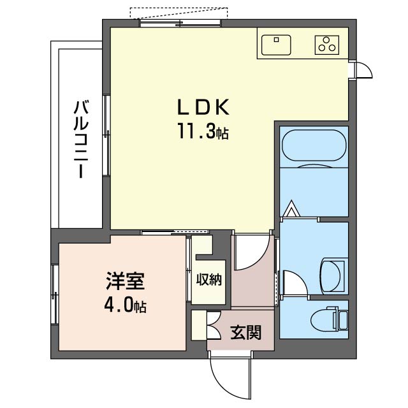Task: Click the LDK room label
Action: [203, 107]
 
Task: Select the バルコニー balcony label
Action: [81, 139]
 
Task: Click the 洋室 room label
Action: [125, 280]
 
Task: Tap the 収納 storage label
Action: [208, 280]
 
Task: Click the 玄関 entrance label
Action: [245, 333]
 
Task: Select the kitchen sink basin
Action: [276, 45]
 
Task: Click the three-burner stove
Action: [327, 45]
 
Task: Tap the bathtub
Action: [314, 145]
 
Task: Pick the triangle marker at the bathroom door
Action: [291, 208]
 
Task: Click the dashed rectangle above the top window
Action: [179, 13]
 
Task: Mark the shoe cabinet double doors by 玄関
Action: [214, 325]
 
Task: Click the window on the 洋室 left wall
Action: [55, 295]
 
